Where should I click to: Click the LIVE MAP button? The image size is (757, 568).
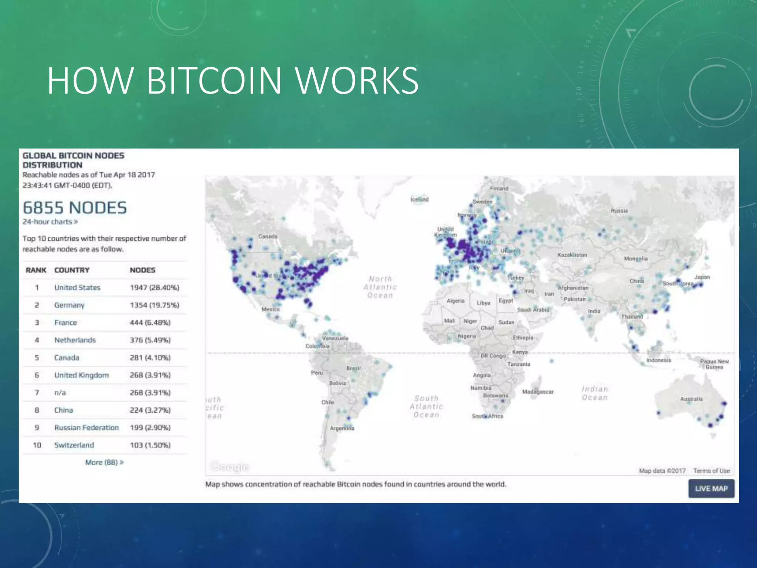[x=711, y=488]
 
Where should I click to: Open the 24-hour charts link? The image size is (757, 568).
[x=50, y=222]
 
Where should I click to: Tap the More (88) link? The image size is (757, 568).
[x=104, y=462]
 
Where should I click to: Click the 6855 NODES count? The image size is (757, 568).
[x=75, y=208]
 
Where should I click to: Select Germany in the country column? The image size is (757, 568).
[x=69, y=305]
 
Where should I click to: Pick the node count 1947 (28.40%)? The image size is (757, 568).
[x=155, y=288]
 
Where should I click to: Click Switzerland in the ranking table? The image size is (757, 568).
[x=74, y=445]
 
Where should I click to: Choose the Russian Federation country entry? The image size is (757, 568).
[x=86, y=427]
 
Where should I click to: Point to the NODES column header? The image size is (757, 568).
[x=142, y=270]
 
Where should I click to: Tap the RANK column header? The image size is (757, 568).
[x=36, y=270]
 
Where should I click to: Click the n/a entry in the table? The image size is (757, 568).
[x=60, y=392]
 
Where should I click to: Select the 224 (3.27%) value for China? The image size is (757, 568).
[x=150, y=410]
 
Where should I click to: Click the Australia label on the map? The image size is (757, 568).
[x=691, y=399]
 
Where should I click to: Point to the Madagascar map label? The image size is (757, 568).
[x=538, y=392]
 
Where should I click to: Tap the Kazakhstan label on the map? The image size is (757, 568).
[x=572, y=255]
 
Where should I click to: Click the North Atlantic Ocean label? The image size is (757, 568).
[x=380, y=287]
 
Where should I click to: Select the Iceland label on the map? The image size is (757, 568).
[x=420, y=199]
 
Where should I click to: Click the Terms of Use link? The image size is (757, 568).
[x=712, y=471]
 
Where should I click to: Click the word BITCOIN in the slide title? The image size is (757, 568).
[x=214, y=80]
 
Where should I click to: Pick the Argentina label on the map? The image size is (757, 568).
[x=342, y=428]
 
